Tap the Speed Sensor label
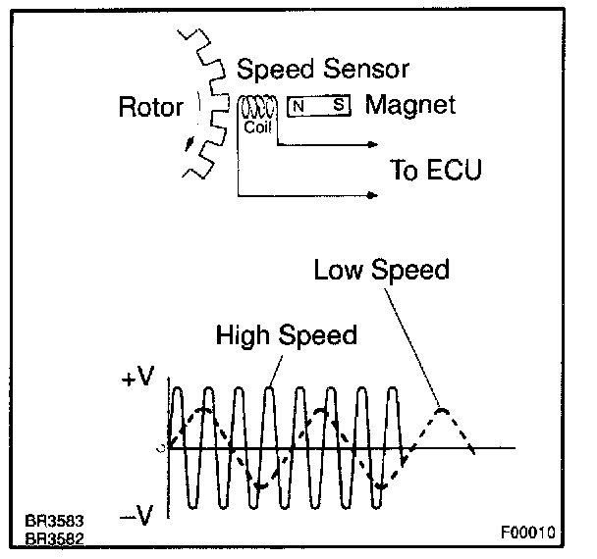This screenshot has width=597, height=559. point(323,70)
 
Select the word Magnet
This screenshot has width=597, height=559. point(410,104)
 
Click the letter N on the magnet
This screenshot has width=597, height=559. point(298,105)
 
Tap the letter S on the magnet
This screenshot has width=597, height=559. point(338,105)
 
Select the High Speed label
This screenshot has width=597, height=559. point(286,335)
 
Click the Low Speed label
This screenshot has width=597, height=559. point(381,270)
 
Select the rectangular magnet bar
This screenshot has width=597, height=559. point(318,105)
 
